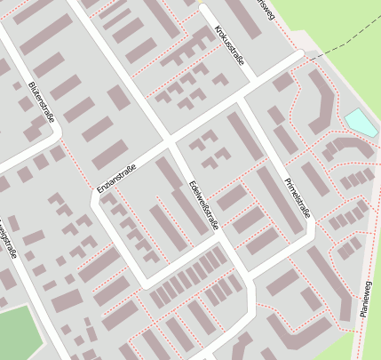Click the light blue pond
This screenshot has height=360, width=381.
tap(361, 123)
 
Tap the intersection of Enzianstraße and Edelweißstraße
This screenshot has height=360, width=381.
tap(169, 142)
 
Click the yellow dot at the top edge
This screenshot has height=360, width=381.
tap(202, 5)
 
